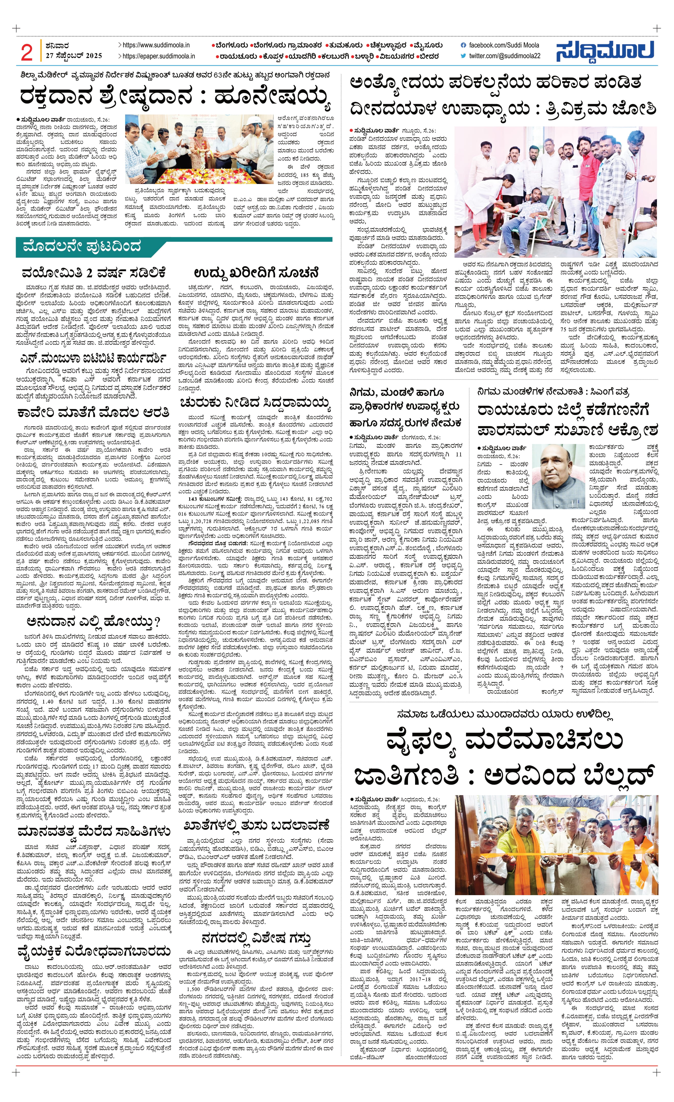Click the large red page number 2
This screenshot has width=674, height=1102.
(x=27, y=53)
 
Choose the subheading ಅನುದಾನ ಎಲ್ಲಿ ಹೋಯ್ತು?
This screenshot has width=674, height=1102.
(x=93, y=622)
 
